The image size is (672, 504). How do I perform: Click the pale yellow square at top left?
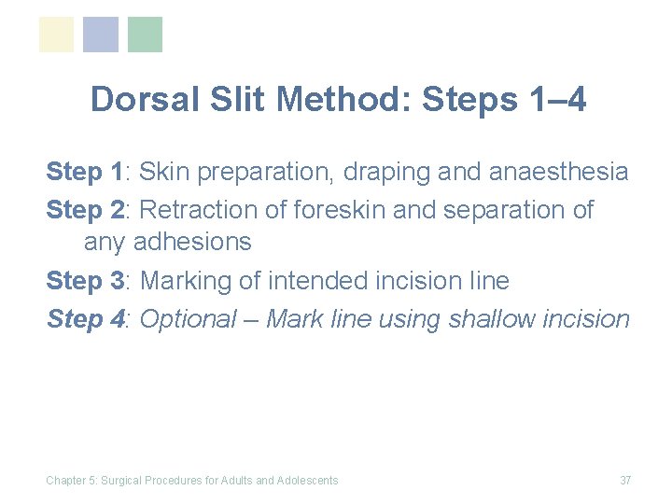(56, 35)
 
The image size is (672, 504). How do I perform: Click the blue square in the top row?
(101, 35)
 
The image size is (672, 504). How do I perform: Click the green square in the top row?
(145, 35)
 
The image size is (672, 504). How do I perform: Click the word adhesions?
(192, 243)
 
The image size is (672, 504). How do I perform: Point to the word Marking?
(185, 281)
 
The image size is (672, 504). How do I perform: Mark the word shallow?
(492, 319)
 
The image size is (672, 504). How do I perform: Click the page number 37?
(625, 481)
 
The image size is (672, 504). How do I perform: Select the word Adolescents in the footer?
(308, 481)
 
